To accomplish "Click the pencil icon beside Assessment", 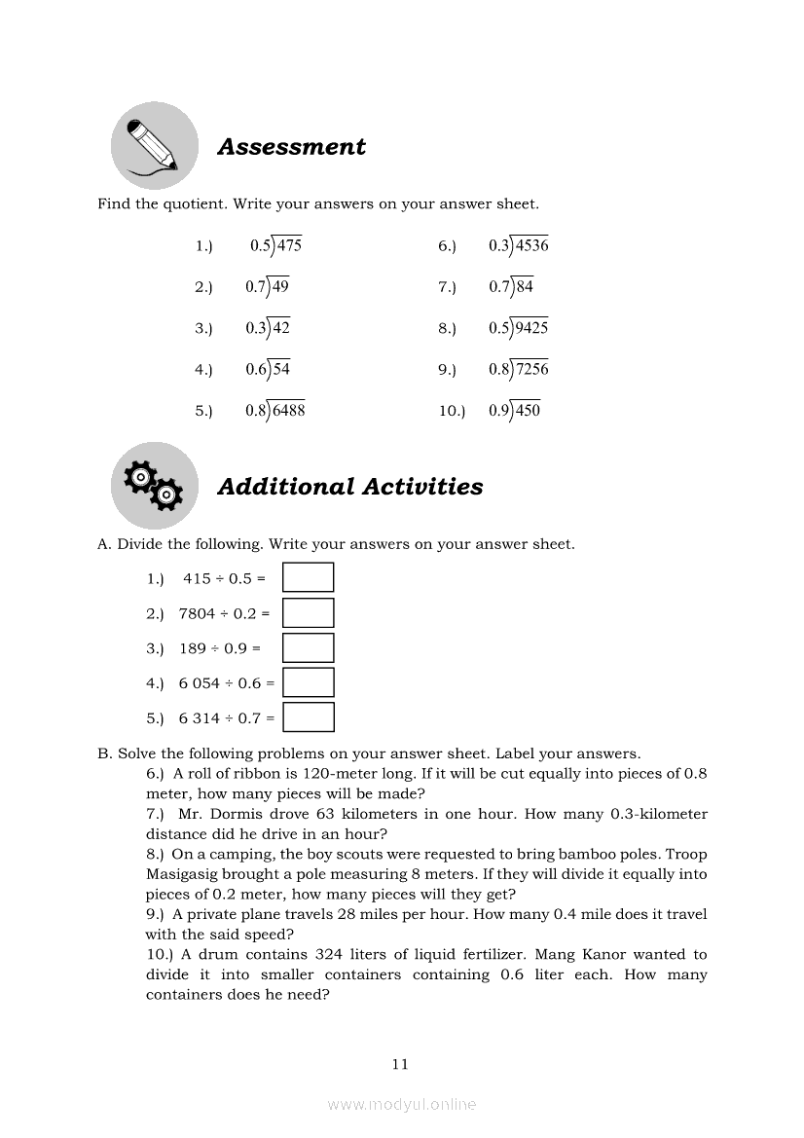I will (154, 145).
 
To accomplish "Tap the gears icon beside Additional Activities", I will (154, 485).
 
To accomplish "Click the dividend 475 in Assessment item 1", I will (289, 245).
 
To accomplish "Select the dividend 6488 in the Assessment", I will (288, 411).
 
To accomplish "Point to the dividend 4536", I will (531, 245).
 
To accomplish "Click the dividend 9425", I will (531, 328).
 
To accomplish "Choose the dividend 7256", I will (531, 369).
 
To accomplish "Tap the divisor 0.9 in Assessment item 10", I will (499, 411).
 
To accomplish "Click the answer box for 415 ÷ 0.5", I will (308, 577).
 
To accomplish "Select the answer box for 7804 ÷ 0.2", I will (308, 612).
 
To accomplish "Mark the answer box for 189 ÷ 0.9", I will (308, 647).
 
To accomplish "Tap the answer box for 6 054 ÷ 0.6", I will (308, 682).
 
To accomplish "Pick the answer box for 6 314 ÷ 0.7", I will (308, 717).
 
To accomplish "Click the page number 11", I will (400, 1064).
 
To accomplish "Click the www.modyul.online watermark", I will (402, 1104).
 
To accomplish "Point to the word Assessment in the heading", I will (291, 147).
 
